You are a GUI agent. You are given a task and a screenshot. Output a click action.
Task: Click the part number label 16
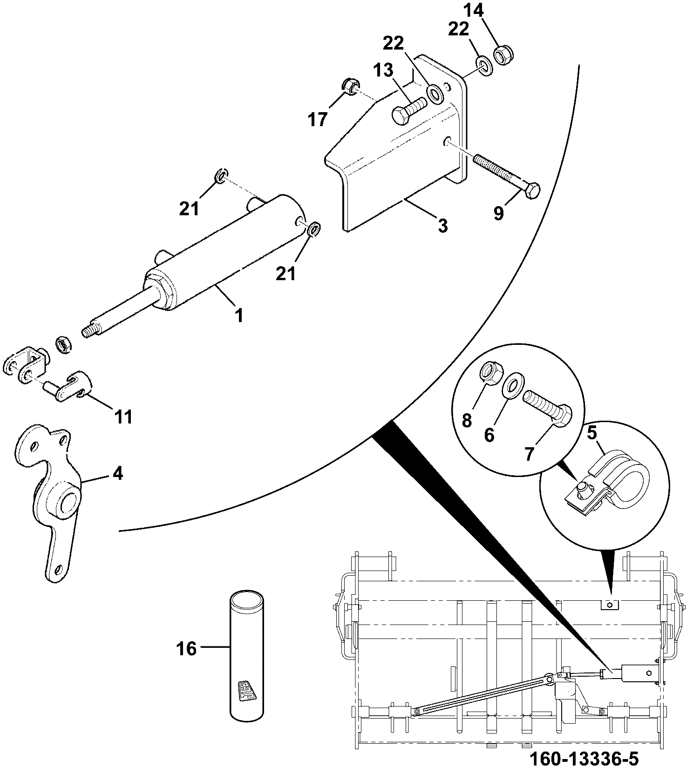(186, 648)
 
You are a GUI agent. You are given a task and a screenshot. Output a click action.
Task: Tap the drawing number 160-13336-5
(584, 759)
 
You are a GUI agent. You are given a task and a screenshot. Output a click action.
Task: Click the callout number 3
(442, 226)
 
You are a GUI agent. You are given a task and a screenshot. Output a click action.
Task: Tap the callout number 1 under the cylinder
(239, 316)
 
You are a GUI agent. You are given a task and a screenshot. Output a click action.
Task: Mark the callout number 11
(123, 417)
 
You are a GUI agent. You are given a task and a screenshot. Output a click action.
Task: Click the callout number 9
(499, 214)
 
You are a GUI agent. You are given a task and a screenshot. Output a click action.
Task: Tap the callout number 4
(118, 474)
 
